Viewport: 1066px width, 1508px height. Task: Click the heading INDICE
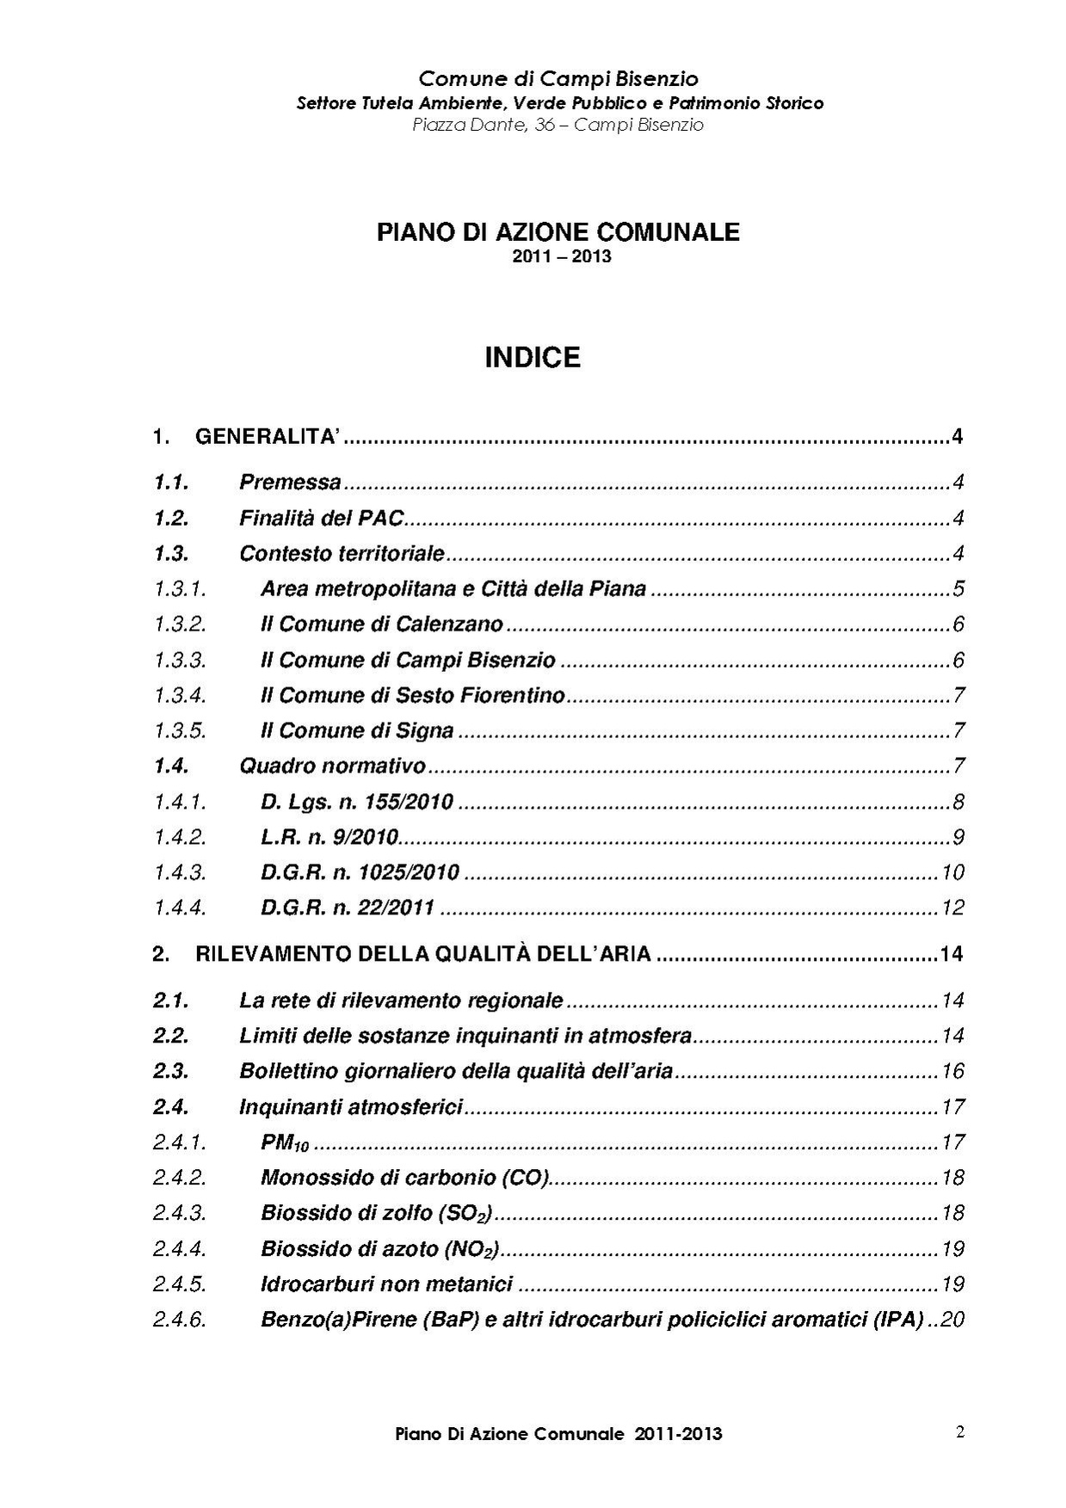click(533, 357)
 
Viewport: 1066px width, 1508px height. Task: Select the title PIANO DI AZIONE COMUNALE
click(558, 232)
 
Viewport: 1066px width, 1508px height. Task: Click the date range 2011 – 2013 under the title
click(561, 256)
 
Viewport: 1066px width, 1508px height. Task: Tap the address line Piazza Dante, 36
click(558, 125)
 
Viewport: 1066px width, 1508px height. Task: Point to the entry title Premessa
click(290, 483)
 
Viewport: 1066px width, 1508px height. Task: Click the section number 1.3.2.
click(180, 625)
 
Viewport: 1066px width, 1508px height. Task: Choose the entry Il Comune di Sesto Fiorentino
click(412, 695)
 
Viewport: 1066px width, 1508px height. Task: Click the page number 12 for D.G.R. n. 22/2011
click(952, 908)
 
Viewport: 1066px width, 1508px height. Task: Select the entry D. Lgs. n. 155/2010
click(356, 802)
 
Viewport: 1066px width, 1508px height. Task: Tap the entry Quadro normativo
click(332, 766)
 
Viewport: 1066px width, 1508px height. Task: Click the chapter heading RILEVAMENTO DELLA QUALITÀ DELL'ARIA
click(422, 954)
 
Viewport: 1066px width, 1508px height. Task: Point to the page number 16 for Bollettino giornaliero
click(952, 1072)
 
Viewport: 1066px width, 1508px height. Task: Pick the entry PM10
click(284, 1143)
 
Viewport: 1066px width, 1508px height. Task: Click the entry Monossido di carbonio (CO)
click(405, 1178)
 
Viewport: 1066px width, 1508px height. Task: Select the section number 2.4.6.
click(180, 1320)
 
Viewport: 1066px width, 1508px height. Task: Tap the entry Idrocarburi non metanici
click(386, 1284)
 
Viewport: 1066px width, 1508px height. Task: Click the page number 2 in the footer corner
click(959, 1432)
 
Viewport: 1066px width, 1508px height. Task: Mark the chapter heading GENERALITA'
click(268, 437)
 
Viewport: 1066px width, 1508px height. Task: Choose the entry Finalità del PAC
click(321, 519)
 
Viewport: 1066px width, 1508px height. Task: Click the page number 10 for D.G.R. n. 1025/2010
click(952, 872)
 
